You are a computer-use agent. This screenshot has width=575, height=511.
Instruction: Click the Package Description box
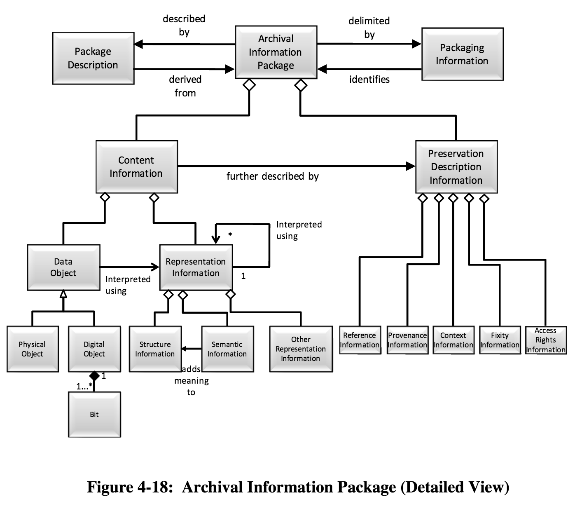coord(93,58)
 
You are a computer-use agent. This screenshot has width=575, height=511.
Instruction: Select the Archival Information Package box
coord(276,52)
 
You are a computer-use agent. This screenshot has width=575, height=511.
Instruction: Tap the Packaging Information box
coord(462,54)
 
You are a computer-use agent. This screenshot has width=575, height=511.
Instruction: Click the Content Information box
coord(136,167)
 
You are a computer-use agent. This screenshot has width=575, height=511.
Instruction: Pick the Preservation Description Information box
coord(456,167)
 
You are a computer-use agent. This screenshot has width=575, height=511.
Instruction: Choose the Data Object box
coord(63,267)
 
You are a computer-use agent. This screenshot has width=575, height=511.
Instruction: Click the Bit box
coord(94,415)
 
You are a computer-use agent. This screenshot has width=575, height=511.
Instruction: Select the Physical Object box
coord(33,349)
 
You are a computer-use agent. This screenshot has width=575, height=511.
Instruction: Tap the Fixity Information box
coord(500,340)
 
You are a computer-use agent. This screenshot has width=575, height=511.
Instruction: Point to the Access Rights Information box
coord(546,340)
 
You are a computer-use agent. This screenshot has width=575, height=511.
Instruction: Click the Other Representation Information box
coord(301,349)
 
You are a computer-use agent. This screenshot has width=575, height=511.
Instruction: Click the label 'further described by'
coord(272,176)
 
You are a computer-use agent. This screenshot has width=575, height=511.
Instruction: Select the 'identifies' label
coord(369,80)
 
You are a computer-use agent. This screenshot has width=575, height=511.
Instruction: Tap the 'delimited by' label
coord(369,28)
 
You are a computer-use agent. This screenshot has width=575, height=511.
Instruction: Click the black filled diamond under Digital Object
coord(94,376)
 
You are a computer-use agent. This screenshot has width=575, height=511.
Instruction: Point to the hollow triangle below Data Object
coord(63,294)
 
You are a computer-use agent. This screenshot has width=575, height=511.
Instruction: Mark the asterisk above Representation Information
coord(230,234)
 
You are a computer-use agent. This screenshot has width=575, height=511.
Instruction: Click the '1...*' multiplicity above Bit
coord(84,386)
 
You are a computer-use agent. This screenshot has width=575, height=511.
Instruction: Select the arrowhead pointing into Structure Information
coord(184,349)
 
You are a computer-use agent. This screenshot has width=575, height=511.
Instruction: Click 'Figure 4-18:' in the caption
coord(130,487)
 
